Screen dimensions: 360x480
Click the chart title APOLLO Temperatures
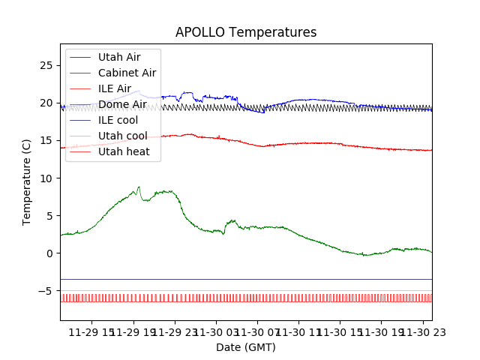tap(246, 32)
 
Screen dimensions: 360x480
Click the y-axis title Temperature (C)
tap(27, 181)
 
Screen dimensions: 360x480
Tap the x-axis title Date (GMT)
tap(246, 347)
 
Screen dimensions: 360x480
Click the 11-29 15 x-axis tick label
tap(92, 331)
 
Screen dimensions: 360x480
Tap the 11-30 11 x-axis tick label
tap(298, 331)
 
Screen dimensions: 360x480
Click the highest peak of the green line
tap(139, 187)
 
